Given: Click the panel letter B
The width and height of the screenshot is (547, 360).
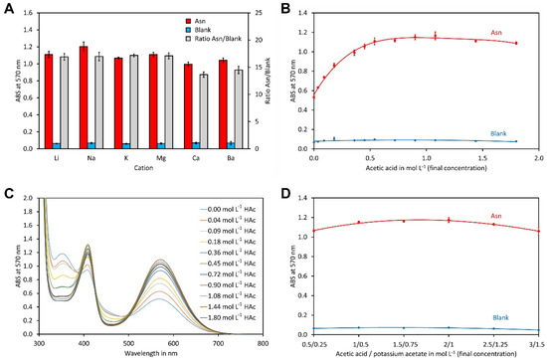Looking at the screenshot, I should pyautogui.click(x=282, y=8).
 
